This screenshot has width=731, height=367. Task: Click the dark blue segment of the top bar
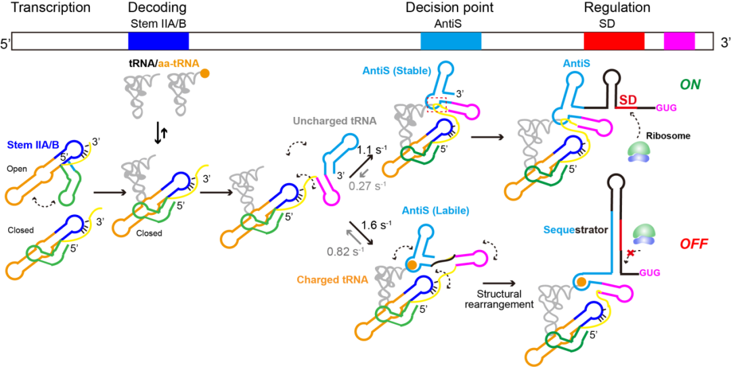pyautogui.click(x=158, y=41)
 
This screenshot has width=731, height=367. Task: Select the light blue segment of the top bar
pyautogui.click(x=451, y=41)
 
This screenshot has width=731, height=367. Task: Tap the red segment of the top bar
pyautogui.click(x=614, y=41)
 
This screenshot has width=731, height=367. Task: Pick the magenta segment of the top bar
pyautogui.click(x=679, y=41)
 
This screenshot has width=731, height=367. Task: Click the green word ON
pyautogui.click(x=690, y=84)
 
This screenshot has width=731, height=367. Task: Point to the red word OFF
pyautogui.click(x=694, y=244)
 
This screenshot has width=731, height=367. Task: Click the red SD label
pyautogui.click(x=628, y=99)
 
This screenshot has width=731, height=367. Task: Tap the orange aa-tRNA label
pyautogui.click(x=179, y=63)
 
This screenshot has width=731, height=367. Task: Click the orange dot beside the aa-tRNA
pyautogui.click(x=205, y=73)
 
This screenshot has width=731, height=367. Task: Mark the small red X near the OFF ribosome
pyautogui.click(x=632, y=253)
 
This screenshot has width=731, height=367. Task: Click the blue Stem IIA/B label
pyautogui.click(x=33, y=144)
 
